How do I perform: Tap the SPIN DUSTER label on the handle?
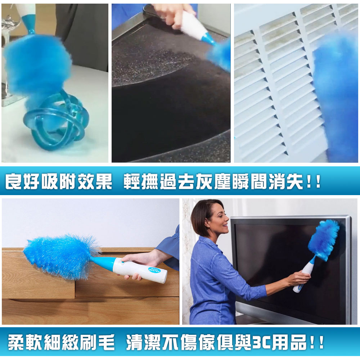154,269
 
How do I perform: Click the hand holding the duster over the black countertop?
175,14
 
